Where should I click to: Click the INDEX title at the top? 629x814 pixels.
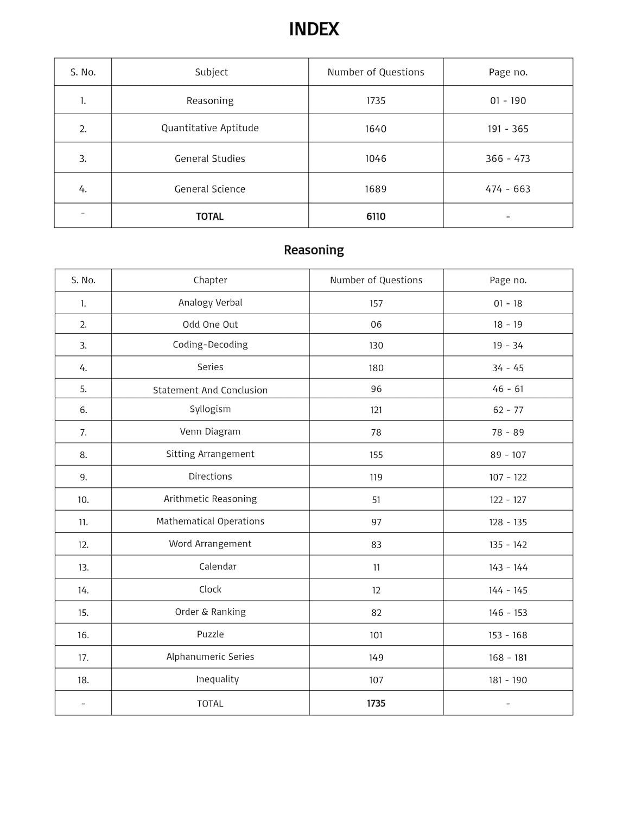[314, 29]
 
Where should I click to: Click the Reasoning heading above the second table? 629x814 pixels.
[314, 250]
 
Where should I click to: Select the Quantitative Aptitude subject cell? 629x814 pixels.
[210, 128]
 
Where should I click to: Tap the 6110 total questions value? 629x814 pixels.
[376, 217]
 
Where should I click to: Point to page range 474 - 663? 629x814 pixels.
[507, 189]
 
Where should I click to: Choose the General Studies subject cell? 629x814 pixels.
[210, 158]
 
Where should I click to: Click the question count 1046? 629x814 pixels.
[376, 158]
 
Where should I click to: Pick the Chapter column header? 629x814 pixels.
[210, 280]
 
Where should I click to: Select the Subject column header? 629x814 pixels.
[211, 72]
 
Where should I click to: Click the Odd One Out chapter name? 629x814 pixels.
[210, 325]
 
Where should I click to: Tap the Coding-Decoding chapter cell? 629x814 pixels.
[210, 345]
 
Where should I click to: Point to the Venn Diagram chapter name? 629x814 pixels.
[210, 431]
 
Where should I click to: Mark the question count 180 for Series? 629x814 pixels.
[376, 368]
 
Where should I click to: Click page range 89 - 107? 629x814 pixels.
[508, 455]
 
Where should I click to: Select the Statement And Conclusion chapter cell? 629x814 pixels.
[210, 390]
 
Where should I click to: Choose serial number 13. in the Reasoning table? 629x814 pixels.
[83, 567]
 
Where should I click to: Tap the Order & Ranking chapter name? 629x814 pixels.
[210, 612]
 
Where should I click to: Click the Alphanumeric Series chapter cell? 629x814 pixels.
[210, 657]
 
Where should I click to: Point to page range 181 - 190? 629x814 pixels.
[508, 680]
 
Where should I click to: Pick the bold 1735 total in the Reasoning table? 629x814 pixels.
[376, 703]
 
